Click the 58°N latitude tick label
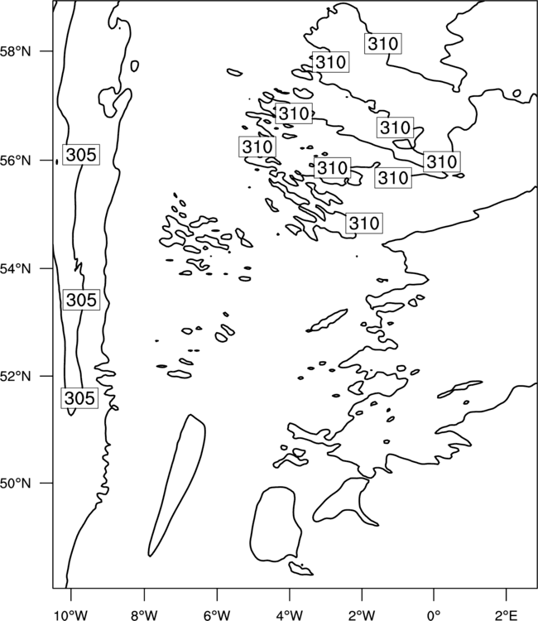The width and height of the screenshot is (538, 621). tap(16, 51)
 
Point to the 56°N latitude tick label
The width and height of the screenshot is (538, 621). tap(16, 161)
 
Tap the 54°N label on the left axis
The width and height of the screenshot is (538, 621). tap(16, 269)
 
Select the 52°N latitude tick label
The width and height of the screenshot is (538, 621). tap(16, 376)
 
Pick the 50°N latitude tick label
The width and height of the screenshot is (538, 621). tap(16, 484)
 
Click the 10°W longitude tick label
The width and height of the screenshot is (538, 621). tap(71, 615)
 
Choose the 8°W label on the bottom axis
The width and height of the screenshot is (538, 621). tap(144, 615)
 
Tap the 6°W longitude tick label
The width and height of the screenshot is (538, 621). tap(217, 615)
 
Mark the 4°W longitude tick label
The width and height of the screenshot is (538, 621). tap(290, 615)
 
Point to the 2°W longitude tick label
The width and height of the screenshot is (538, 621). tap(362, 615)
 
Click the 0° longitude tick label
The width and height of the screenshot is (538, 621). tap(434, 615)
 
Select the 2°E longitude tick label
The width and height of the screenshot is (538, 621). tap(507, 615)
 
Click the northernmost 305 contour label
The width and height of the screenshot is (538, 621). tap(81, 155)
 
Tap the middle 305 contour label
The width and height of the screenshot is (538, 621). tap(81, 300)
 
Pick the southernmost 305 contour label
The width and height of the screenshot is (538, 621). tap(79, 397)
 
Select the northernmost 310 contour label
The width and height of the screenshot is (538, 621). tap(383, 43)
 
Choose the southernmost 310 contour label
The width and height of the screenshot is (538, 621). tap(364, 223)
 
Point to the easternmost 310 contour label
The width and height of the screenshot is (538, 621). tap(442, 161)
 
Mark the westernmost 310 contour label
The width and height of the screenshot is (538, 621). tap(257, 147)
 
